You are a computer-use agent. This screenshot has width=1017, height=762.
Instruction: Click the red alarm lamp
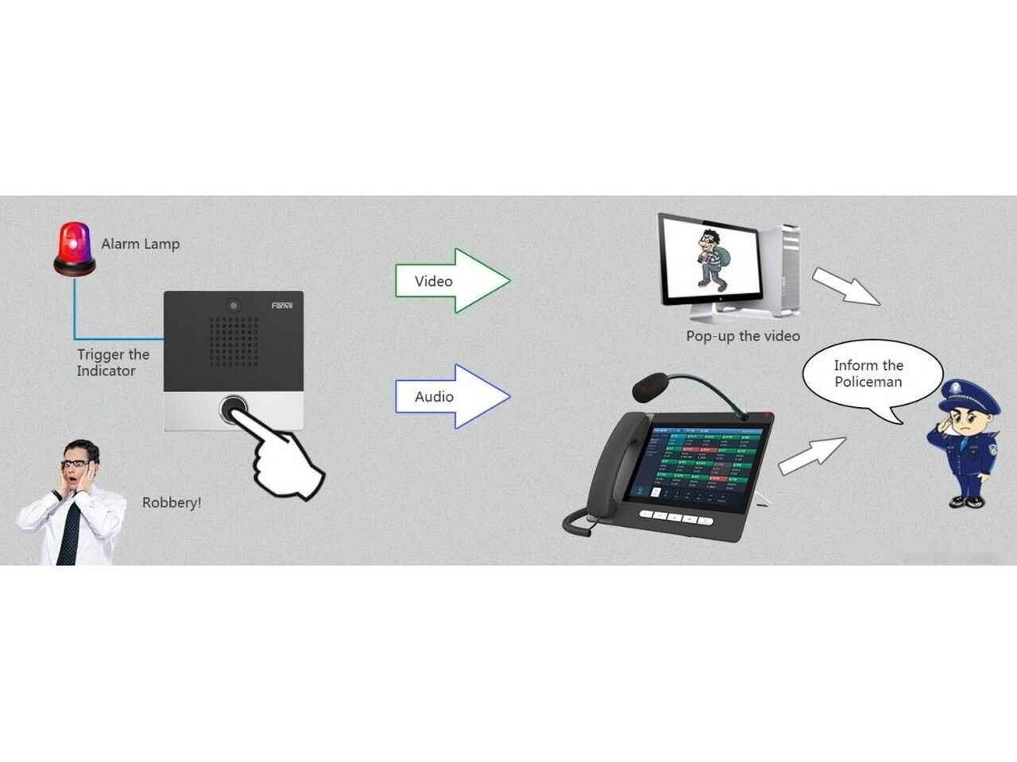click(x=72, y=248)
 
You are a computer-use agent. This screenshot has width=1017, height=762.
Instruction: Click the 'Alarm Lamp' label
click(x=141, y=244)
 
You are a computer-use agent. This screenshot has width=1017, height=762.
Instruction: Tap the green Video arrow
click(x=453, y=281)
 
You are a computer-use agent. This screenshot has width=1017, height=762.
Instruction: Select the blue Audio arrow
click(x=453, y=396)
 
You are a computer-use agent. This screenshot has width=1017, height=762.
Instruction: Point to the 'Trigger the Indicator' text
click(x=112, y=363)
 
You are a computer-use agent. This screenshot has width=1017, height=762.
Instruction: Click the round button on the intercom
click(x=234, y=409)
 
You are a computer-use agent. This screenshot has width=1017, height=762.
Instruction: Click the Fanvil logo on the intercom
click(x=282, y=306)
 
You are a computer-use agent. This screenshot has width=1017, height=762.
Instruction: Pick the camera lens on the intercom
click(x=233, y=304)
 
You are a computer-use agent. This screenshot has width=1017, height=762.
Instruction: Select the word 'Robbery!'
click(x=172, y=502)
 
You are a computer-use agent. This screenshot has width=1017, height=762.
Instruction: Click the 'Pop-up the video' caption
click(x=743, y=336)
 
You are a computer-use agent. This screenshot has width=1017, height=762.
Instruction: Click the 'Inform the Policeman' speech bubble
click(x=869, y=374)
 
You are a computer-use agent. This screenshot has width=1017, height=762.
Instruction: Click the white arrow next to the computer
click(x=845, y=287)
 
